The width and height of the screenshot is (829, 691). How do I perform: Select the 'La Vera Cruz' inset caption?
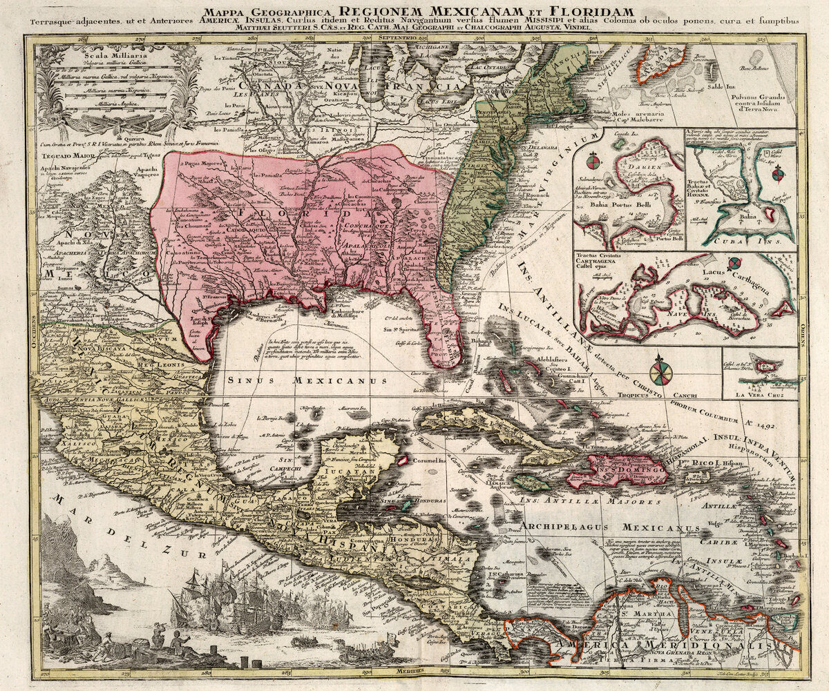coord(759,396)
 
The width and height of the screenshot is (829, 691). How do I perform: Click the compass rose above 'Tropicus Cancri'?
coord(661,370)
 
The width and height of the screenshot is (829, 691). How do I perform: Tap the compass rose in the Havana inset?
coord(778,173)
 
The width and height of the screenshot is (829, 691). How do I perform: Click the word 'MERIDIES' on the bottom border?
coord(411,670)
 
